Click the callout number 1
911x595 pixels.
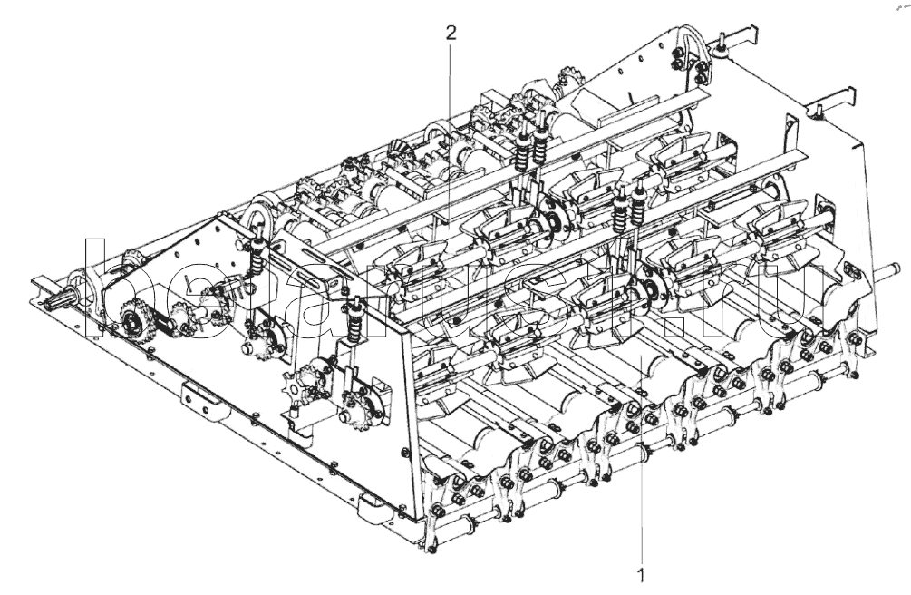pyautogui.click(x=642, y=575)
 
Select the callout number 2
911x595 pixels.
pyautogui.click(x=451, y=33)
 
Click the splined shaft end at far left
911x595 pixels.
pyautogui.click(x=50, y=298)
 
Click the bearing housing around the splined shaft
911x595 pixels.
pyautogui.click(x=88, y=289)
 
